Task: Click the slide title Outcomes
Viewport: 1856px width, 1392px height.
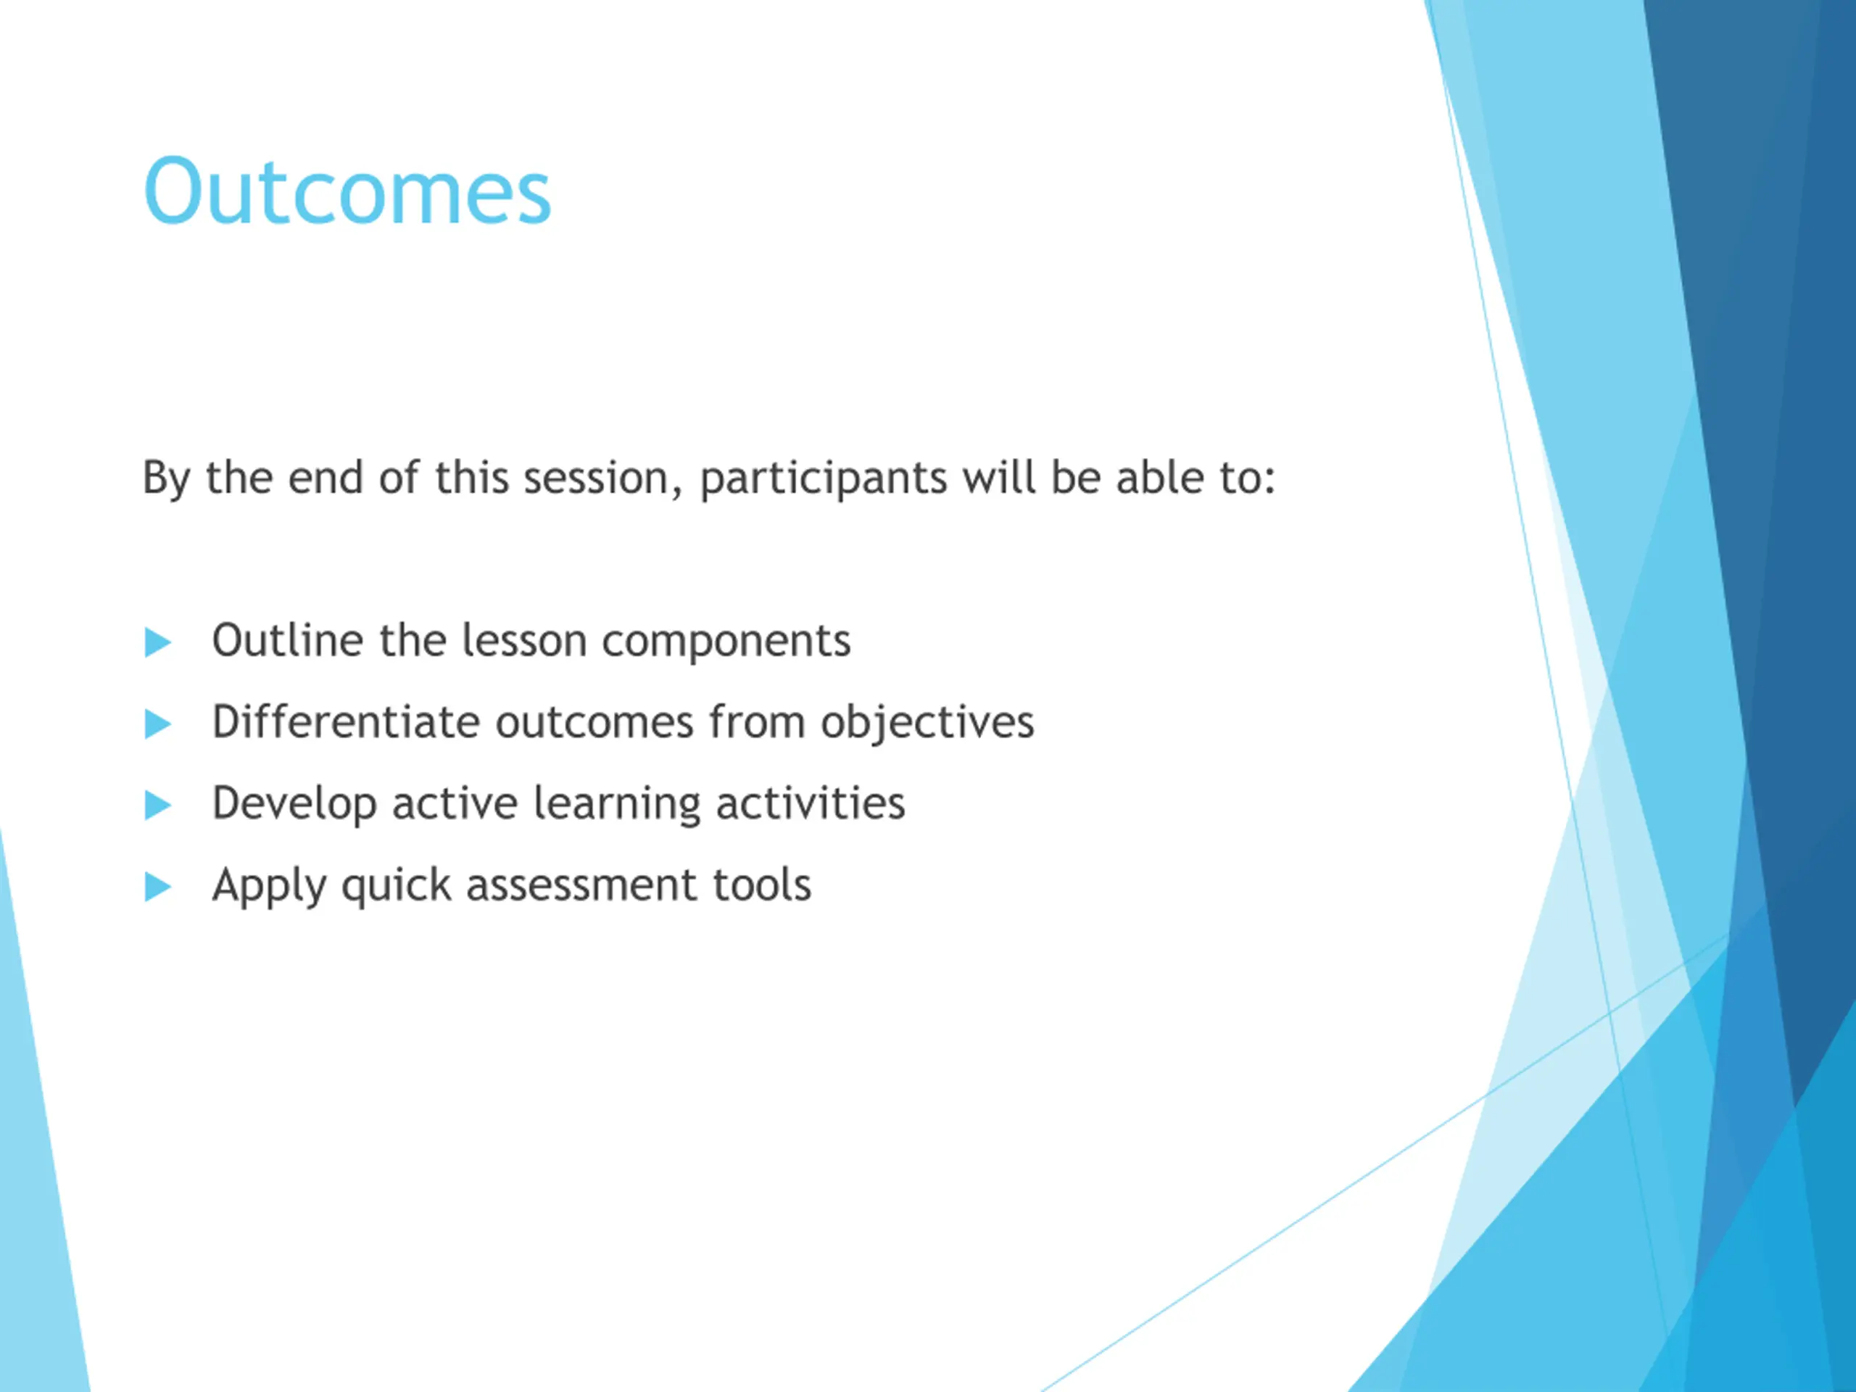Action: click(x=347, y=191)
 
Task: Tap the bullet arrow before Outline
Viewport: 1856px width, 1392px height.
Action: click(x=158, y=643)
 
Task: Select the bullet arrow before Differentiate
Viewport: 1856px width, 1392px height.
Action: click(x=158, y=724)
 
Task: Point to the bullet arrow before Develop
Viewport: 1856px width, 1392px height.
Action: click(x=158, y=805)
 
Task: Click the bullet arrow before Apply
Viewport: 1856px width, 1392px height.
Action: click(x=158, y=887)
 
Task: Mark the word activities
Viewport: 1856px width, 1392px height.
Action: click(x=811, y=803)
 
